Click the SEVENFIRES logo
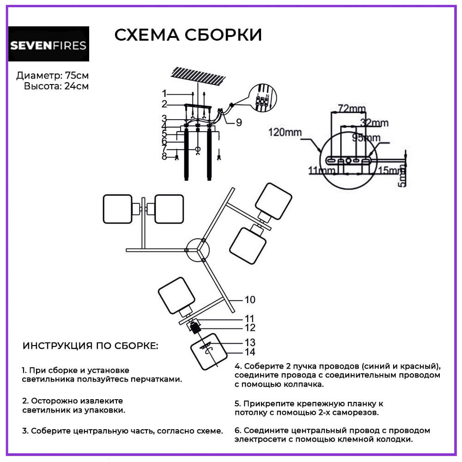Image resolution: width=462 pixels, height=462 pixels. coord(49,44)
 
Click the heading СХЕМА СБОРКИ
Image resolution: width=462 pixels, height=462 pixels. coord(188,35)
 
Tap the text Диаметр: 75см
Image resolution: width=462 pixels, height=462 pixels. coord(52,75)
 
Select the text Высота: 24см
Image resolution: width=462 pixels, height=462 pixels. coord(56,86)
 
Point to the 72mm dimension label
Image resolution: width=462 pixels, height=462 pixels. coord(351,109)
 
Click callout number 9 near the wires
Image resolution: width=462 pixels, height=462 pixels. coord(238,122)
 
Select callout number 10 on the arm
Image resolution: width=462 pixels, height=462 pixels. coord(249,300)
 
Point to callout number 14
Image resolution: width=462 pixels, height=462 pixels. coord(249,353)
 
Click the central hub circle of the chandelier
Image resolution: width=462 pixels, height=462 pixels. coord(197,249)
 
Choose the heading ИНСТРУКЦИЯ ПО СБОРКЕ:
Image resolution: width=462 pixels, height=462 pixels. coord(90,346)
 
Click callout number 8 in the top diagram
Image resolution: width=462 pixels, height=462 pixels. coord(164,157)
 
